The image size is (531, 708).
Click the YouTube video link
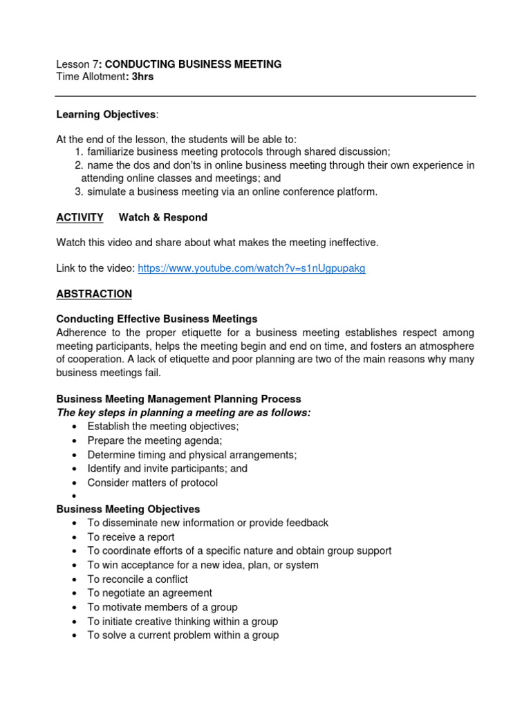coord(251,268)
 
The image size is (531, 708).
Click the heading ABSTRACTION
coord(93,294)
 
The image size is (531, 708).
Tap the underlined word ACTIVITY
coord(80,217)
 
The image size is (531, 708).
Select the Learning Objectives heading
coord(106,114)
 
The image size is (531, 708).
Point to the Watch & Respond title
coord(162,217)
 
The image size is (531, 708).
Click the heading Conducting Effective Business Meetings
coord(156,319)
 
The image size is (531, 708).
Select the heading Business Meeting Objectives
coord(128,509)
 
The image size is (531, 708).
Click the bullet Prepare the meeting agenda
coord(154,440)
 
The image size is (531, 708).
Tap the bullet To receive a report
coord(131,537)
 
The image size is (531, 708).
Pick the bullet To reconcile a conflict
coord(138,579)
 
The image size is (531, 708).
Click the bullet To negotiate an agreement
coord(149,593)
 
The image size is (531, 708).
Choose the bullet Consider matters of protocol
coord(152,483)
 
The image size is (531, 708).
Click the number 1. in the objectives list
coord(79,151)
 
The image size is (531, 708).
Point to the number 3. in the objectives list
coord(79,192)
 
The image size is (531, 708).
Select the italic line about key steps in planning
coord(183,413)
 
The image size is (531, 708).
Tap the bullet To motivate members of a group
coord(162,607)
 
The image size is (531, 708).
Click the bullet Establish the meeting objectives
coord(162,427)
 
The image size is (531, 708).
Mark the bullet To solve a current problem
coord(183,635)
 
